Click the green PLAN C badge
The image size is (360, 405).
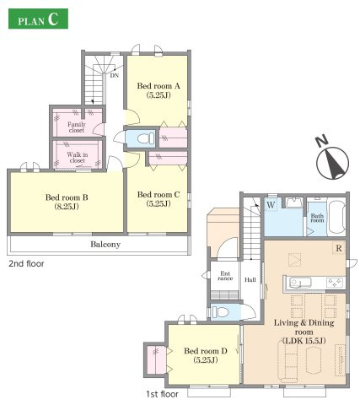click(38, 19)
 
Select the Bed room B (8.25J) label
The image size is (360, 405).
click(67, 202)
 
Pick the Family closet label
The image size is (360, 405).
click(77, 127)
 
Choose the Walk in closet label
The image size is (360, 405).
click(78, 158)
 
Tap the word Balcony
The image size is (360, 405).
click(105, 245)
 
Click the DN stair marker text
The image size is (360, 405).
click(115, 75)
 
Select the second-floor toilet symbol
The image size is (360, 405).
click(146, 138)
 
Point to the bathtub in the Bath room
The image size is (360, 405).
click(336, 217)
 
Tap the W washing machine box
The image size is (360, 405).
click(271, 205)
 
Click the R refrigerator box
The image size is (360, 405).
click(339, 248)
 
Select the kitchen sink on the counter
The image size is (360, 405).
click(300, 282)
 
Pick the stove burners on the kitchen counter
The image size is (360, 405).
click(335, 282)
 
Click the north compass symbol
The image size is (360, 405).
click(332, 162)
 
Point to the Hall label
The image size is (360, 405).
click(250, 280)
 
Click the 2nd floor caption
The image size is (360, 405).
click(26, 264)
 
